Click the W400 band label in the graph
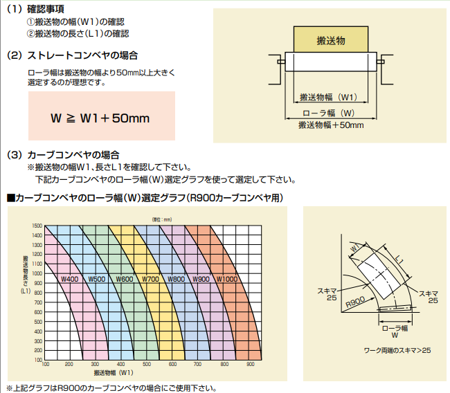(x=69, y=279)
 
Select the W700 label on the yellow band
(x=150, y=279)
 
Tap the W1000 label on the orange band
(x=228, y=279)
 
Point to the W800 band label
(x=176, y=279)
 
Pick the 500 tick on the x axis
(x=146, y=363)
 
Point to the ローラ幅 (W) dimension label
(x=330, y=112)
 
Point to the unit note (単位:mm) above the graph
(x=165, y=219)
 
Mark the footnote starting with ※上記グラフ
(x=106, y=387)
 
